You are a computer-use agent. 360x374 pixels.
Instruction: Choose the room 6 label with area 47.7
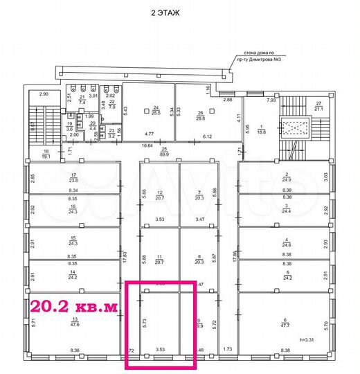click(x=286, y=320)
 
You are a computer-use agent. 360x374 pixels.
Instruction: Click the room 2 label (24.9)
click(x=286, y=177)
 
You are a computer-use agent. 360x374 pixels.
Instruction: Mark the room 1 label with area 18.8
click(x=261, y=129)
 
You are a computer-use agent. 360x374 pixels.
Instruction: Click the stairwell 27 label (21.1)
click(x=318, y=105)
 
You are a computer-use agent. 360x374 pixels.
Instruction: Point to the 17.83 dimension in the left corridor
click(x=125, y=253)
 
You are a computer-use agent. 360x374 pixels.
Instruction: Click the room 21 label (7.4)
click(x=82, y=99)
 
